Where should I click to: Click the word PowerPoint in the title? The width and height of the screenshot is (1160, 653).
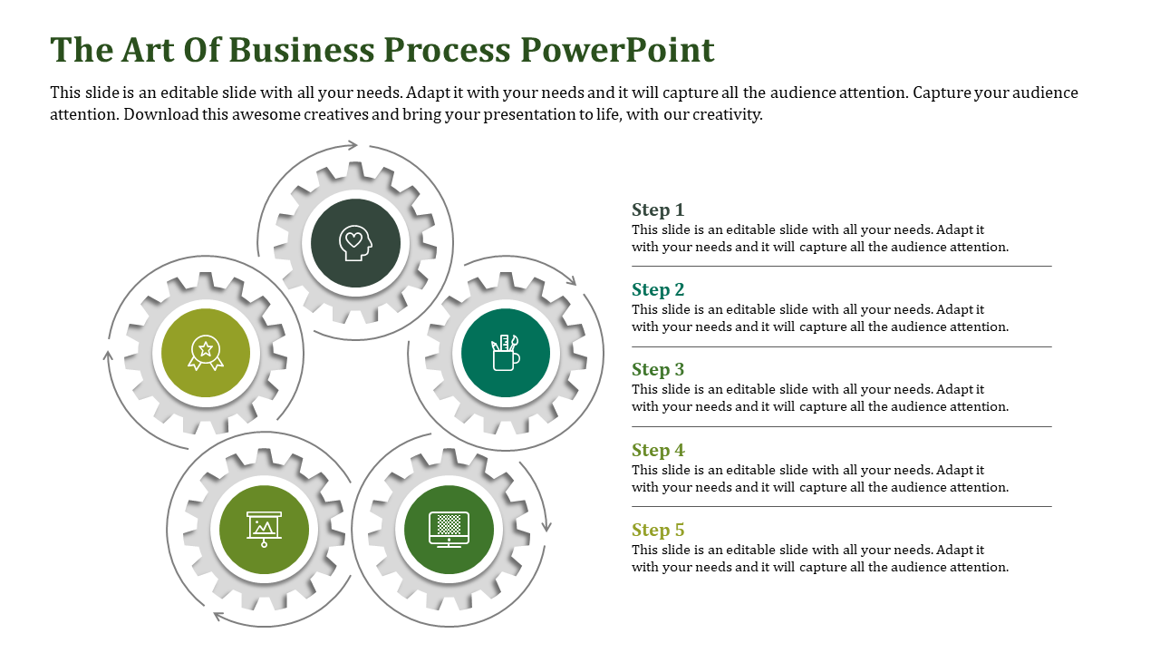pos(616,49)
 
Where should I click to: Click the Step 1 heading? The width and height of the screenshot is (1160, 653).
pos(658,210)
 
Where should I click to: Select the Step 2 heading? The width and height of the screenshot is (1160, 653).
pos(658,289)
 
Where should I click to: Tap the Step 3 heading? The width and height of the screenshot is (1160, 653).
pos(658,369)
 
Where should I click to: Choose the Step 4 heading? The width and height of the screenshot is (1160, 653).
pos(658,450)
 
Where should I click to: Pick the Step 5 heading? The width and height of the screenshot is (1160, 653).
pos(658,530)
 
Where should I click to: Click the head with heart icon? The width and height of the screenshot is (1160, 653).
pos(355,243)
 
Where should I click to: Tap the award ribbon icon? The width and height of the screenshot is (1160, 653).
pos(206,353)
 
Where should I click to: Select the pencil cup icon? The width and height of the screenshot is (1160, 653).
pos(506,354)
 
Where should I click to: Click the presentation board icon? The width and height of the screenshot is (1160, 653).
pos(264,529)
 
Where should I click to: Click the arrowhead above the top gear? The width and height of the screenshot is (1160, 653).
pos(352,144)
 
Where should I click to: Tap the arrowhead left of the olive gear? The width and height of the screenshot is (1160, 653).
pos(108,356)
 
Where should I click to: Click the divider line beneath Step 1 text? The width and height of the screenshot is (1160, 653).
pos(841,266)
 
